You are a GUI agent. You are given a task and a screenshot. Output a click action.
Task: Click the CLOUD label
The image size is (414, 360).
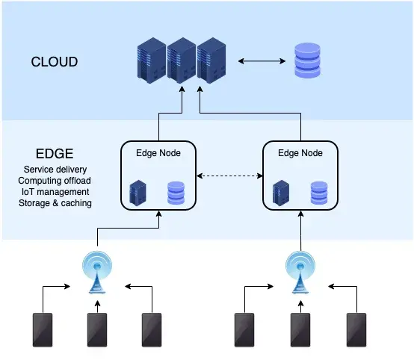[54, 61]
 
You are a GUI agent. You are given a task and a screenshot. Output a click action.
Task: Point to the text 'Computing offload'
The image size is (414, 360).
[55, 181]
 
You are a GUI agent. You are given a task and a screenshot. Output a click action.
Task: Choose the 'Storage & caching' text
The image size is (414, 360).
[55, 203]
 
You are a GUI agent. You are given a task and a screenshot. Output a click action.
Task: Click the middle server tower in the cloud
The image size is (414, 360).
[181, 61]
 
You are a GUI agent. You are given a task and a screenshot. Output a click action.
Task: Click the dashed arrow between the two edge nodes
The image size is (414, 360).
[229, 177]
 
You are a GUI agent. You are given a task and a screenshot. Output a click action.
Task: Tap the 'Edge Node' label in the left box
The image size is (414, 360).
[158, 153]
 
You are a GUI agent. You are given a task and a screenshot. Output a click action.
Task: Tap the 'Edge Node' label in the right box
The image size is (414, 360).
[300, 153]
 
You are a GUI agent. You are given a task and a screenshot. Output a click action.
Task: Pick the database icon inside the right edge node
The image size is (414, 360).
[319, 192]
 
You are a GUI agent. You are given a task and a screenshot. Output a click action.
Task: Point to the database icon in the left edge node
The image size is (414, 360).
[176, 192]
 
